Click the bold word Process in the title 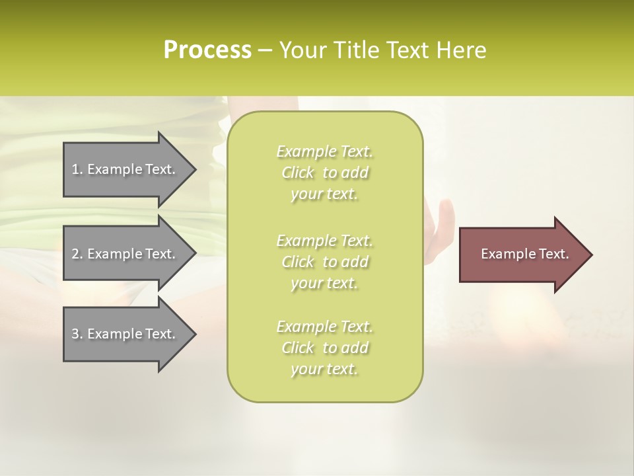pyautogui.click(x=207, y=50)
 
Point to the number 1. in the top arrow pyautogui.click(x=77, y=169)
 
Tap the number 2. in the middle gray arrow pyautogui.click(x=77, y=254)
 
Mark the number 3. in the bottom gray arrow pyautogui.click(x=77, y=334)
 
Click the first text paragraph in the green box pyautogui.click(x=324, y=173)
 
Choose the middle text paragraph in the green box pyautogui.click(x=324, y=262)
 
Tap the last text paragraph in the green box pyautogui.click(x=324, y=348)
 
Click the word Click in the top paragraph pyautogui.click(x=298, y=173)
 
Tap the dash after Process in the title pyautogui.click(x=265, y=50)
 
